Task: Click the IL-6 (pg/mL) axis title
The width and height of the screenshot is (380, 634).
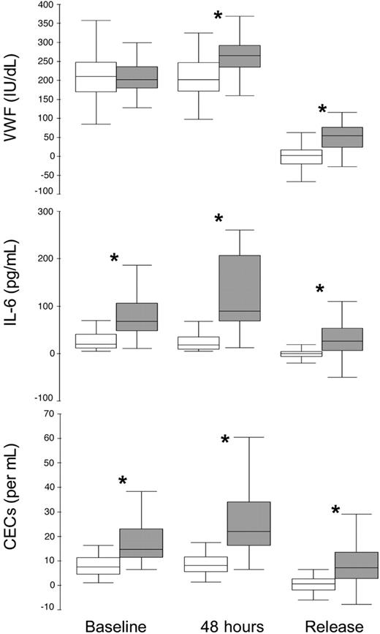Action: [13, 303]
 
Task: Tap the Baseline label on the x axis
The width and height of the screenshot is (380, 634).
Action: [115, 624]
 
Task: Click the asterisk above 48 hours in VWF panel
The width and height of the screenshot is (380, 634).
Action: [218, 16]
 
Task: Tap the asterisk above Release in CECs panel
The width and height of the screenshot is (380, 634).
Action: [335, 510]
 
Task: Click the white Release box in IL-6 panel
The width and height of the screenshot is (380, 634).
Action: [301, 354]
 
